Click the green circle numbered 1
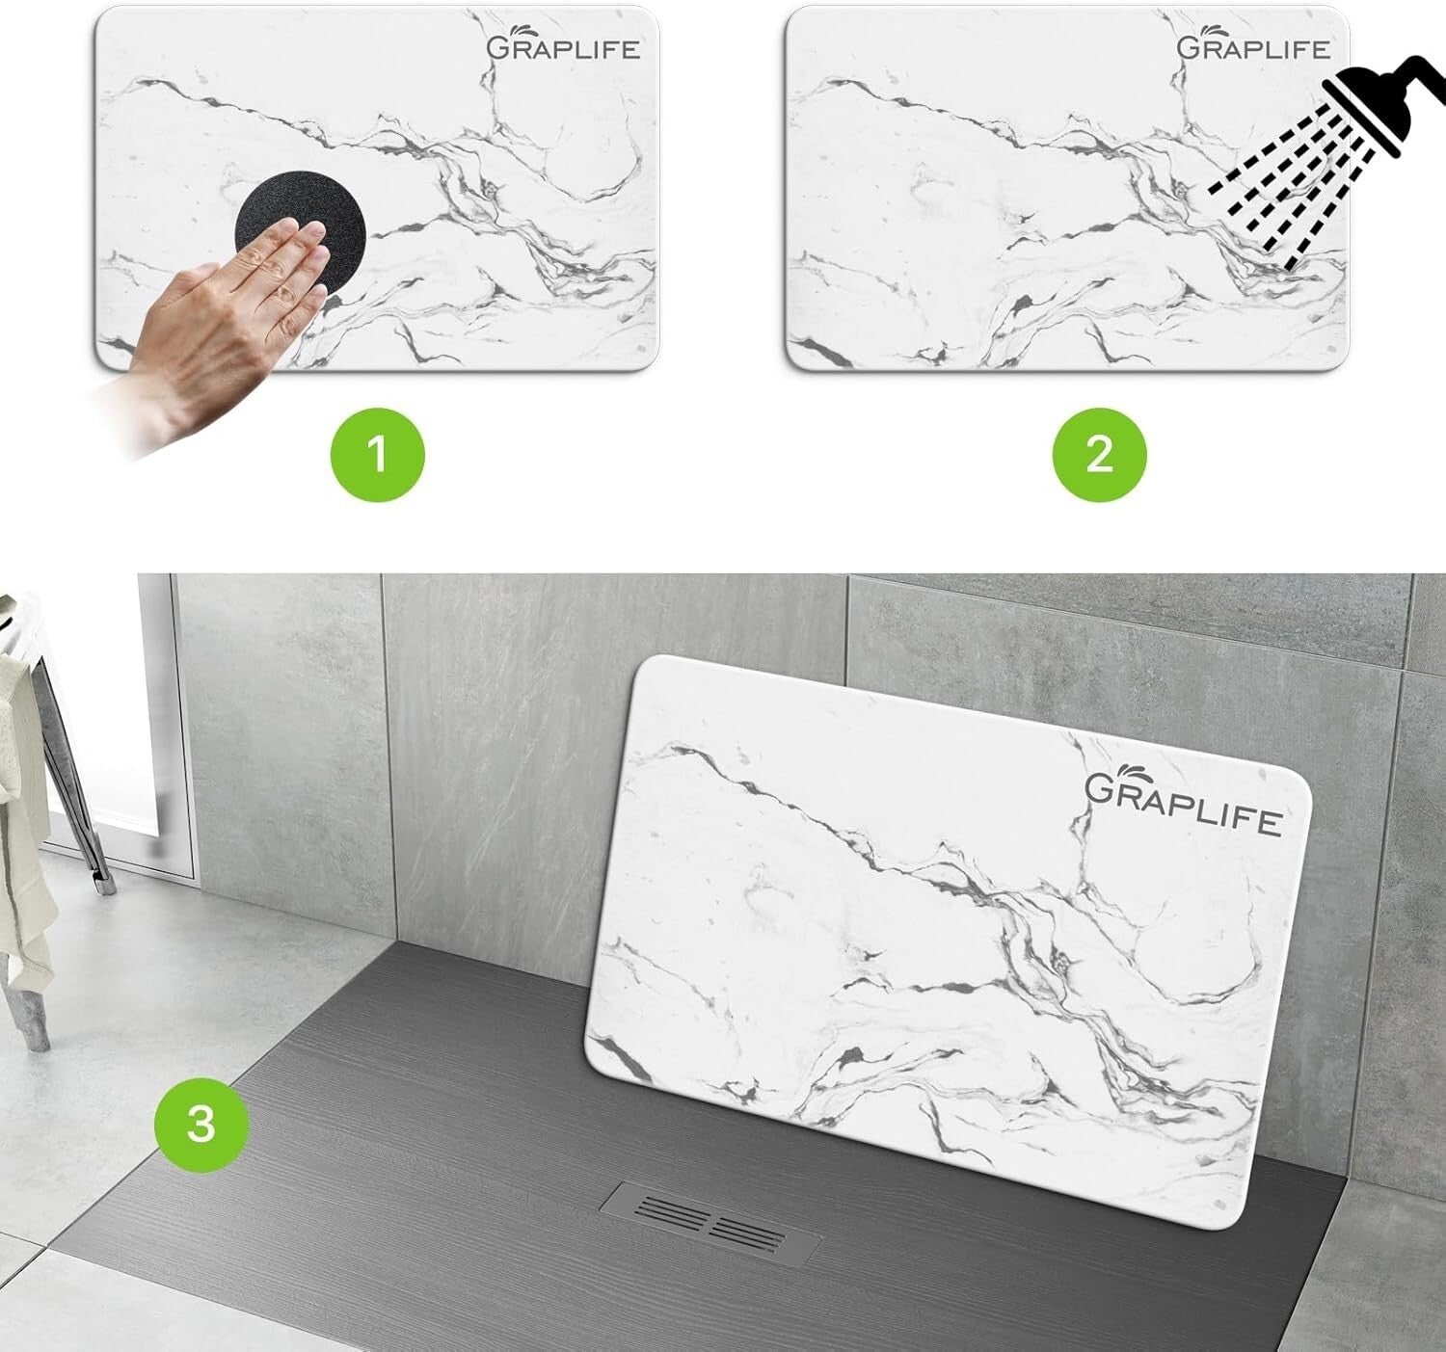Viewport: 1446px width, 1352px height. coord(377,454)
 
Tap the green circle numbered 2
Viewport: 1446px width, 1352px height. coord(1099,454)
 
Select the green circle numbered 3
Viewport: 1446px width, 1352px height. coord(201,1124)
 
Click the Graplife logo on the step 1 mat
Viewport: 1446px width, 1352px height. coord(563,45)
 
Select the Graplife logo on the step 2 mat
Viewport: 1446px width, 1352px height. coord(1253,45)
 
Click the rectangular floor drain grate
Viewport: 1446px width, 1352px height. coord(710,1222)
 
